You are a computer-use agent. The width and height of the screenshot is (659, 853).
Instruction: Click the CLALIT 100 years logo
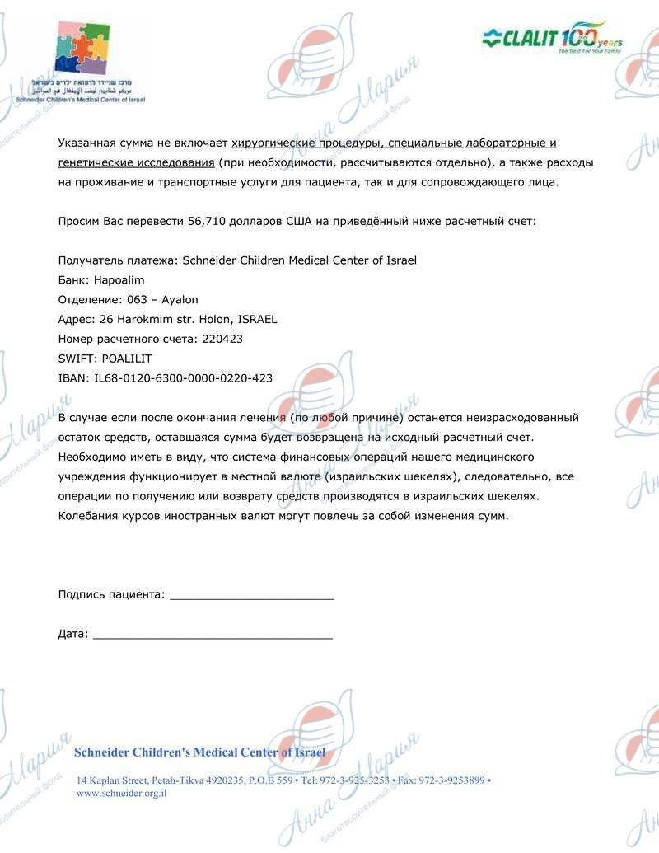(x=551, y=38)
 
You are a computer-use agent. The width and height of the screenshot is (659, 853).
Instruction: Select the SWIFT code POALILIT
(x=124, y=359)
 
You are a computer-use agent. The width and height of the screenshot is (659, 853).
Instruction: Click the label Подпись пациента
(x=111, y=594)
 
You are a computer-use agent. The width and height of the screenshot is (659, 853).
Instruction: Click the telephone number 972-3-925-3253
(x=355, y=780)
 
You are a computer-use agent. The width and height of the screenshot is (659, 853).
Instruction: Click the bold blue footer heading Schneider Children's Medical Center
(x=199, y=752)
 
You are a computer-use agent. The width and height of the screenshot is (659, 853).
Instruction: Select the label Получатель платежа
(x=118, y=260)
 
